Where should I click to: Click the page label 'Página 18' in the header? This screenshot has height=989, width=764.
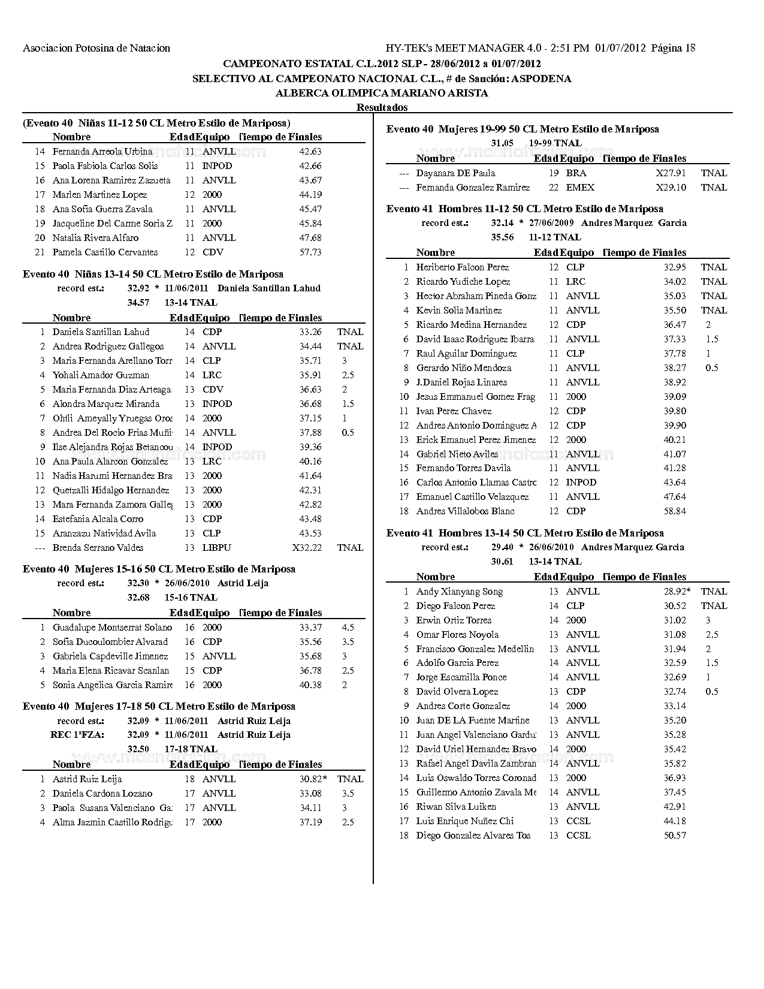673,48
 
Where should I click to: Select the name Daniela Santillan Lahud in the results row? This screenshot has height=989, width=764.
101,332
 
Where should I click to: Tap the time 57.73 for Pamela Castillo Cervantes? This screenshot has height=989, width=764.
310,252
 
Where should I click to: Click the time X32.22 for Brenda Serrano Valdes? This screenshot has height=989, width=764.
307,548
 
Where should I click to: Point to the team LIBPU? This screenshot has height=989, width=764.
216,548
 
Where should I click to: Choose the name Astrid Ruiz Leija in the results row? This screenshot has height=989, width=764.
87,779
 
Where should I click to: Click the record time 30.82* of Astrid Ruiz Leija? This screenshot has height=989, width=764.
313,779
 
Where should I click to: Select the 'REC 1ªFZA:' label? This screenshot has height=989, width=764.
77,735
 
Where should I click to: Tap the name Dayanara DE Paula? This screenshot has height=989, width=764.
455,173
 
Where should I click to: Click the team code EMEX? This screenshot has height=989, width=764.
580,188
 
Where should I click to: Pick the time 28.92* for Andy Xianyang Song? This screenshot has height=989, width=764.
677,592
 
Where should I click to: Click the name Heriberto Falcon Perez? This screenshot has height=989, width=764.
462,267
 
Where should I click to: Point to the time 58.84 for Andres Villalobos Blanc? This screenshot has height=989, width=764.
675,511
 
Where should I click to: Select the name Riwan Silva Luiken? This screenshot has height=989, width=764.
456,807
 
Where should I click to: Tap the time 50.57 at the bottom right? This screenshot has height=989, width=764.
675,836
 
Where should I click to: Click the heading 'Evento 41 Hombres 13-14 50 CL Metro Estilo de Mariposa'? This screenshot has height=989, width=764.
525,533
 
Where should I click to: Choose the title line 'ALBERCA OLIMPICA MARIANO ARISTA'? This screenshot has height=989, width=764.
382,93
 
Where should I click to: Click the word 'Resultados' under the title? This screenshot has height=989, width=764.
382,107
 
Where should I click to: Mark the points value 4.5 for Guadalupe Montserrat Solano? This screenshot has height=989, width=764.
348,628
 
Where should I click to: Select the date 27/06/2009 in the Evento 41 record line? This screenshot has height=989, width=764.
551,223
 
